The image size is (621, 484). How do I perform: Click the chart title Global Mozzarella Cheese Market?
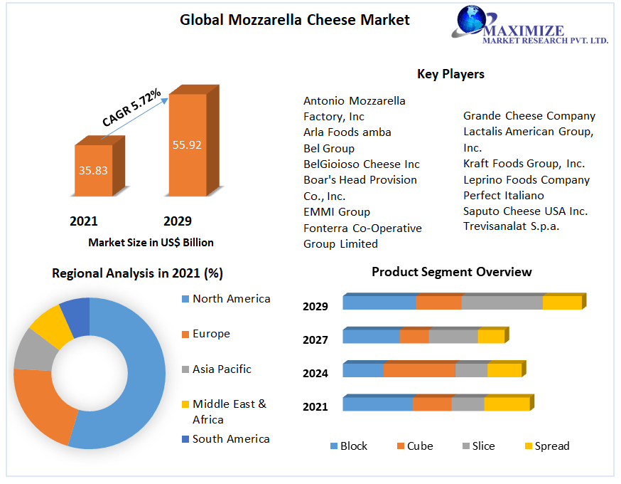[x=294, y=20]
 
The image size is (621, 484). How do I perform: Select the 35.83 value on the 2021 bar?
[x=93, y=170]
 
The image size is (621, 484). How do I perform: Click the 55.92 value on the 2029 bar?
[x=187, y=144]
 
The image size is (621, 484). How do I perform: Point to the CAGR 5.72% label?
[x=131, y=107]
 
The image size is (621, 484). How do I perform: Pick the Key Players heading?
[x=450, y=74]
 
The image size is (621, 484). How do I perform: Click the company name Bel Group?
[x=329, y=148]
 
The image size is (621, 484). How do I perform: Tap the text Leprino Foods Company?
[x=526, y=179]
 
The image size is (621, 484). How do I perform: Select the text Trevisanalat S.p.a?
[x=511, y=226]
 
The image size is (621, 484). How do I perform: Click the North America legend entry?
[x=231, y=299]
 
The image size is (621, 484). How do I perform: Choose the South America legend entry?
[x=231, y=439]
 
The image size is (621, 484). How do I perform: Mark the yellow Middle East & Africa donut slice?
[x=48, y=327]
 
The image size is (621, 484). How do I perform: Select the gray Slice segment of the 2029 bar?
[x=502, y=302]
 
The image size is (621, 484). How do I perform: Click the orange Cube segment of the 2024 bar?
[x=418, y=370]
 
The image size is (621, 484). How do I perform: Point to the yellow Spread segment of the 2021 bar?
[x=507, y=404]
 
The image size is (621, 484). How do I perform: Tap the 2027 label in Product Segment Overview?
[x=315, y=340]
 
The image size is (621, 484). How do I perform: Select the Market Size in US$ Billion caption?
[x=151, y=243]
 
